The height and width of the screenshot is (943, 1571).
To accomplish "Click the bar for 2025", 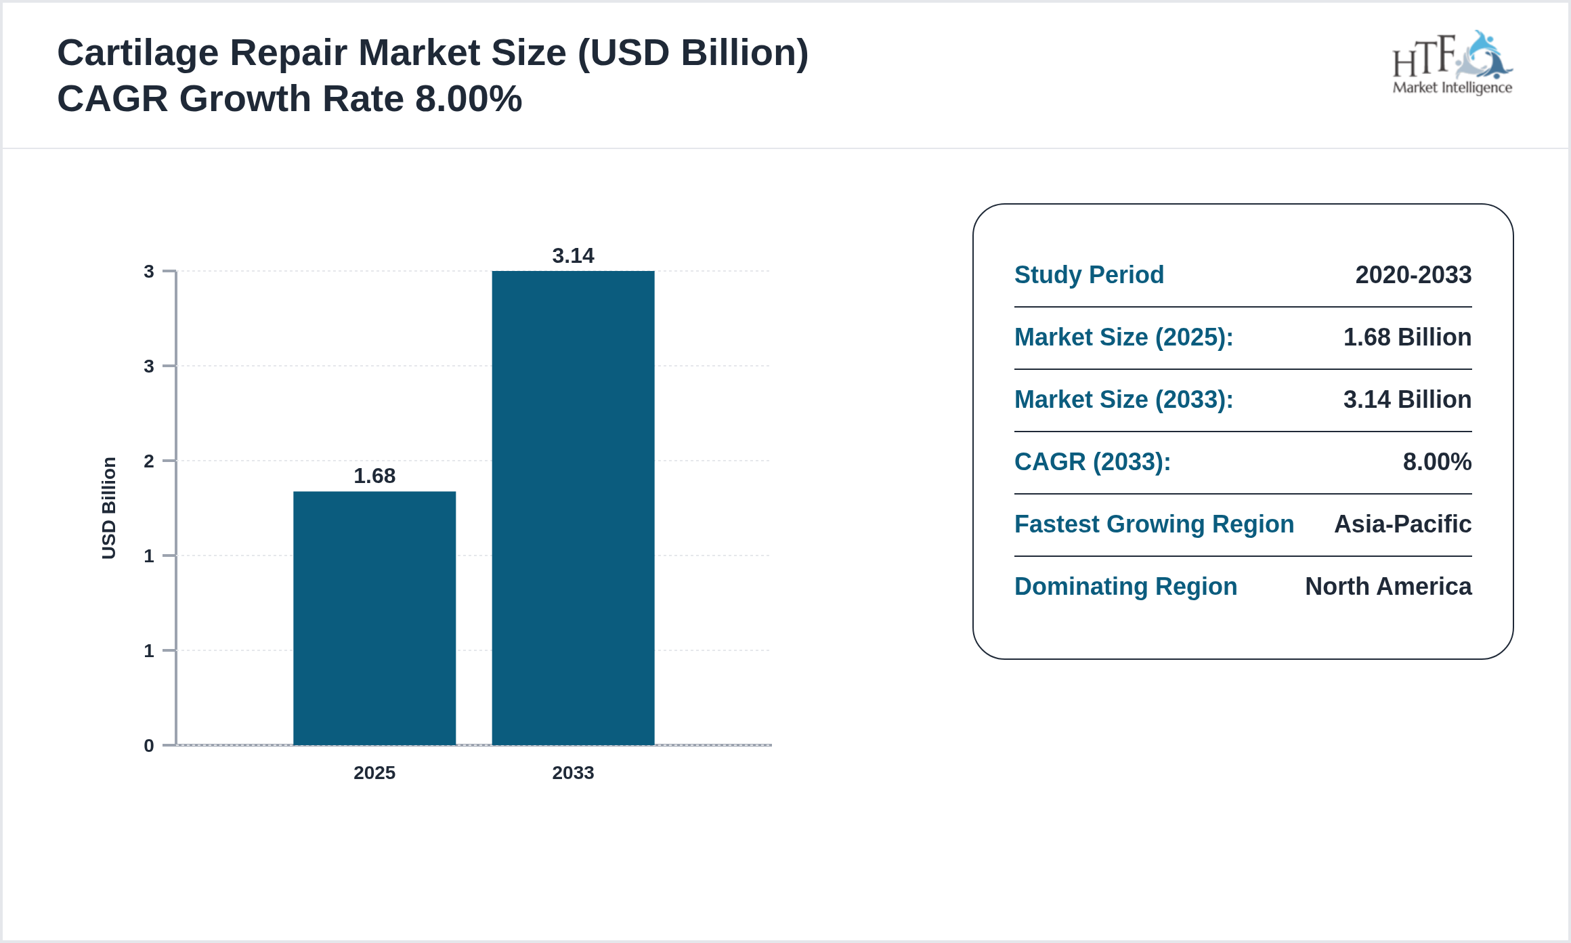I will pos(374,618).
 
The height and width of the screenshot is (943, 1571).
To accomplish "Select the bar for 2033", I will pos(573,508).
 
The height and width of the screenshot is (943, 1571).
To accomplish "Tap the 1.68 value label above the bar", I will pos(374,476).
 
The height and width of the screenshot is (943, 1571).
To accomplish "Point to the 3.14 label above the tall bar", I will pos(573,255).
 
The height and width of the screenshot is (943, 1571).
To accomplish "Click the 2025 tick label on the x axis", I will pos(374,772).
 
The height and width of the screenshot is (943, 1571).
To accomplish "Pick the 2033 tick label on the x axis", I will pos(573,772).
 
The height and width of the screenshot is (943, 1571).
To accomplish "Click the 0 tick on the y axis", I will pos(149,746).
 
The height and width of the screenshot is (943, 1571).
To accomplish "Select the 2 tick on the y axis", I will pos(149,461).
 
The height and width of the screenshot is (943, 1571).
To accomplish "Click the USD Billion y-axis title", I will pos(109,508).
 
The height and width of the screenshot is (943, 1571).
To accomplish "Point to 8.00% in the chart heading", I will pos(469,99).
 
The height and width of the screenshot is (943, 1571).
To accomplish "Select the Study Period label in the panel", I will pos(1089,275).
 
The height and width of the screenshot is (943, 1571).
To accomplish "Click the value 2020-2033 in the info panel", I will pos(1413,275).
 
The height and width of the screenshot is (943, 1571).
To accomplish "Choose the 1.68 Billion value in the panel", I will pos(1407,337).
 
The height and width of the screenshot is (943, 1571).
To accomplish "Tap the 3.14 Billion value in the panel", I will pos(1407,400).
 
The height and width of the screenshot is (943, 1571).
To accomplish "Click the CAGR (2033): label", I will pos(1092,462).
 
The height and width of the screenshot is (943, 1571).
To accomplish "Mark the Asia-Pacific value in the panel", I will pos(1402,524).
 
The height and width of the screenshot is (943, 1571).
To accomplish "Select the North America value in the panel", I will pos(1388,587).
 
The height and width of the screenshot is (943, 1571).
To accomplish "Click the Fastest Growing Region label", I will pos(1154,524).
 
